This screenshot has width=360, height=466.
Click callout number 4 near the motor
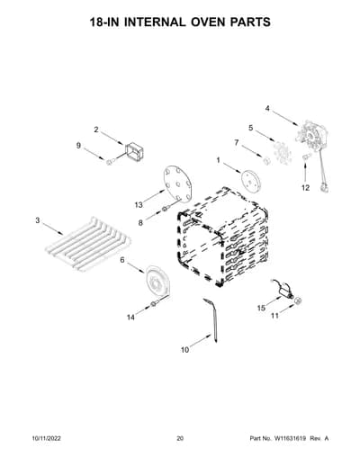click(267, 109)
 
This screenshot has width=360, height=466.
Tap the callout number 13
click(139, 205)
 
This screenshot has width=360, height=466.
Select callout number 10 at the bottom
click(185, 350)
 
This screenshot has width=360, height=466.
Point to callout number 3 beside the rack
click(38, 220)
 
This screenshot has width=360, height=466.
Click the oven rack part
click(88, 245)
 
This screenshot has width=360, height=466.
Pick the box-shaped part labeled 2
click(134, 152)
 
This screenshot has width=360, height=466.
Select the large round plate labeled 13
click(177, 184)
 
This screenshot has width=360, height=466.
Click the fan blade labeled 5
click(283, 153)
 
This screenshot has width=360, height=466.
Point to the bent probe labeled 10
click(213, 319)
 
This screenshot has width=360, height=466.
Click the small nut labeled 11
click(298, 300)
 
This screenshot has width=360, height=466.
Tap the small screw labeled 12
click(305, 157)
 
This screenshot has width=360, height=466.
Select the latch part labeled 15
click(283, 290)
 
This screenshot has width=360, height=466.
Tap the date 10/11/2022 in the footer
click(46, 438)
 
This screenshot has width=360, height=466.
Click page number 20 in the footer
click(180, 438)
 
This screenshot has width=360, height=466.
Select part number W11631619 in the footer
click(289, 438)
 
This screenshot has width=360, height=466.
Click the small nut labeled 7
click(266, 160)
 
